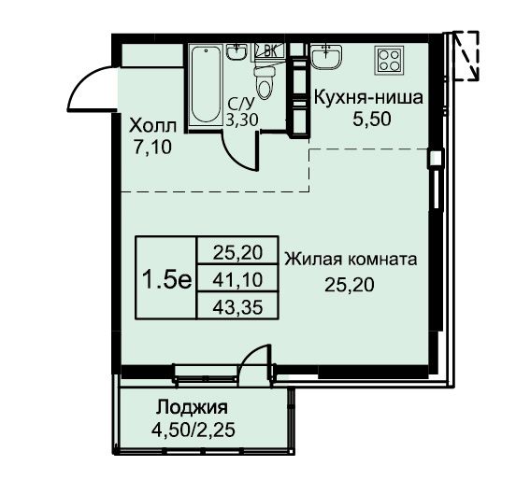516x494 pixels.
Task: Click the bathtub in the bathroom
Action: click(x=206, y=85)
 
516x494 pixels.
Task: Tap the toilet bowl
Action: click(x=264, y=82)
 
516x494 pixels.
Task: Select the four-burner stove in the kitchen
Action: click(x=389, y=61)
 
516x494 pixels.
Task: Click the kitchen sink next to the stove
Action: click(x=326, y=57)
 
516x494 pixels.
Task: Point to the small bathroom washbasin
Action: click(x=236, y=52)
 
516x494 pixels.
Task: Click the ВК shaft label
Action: click(x=270, y=51)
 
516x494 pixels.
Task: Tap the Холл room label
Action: click(x=152, y=126)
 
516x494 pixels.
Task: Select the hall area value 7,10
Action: click(x=152, y=147)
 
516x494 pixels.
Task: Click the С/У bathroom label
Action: click(x=241, y=105)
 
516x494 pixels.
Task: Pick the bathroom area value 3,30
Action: click(x=242, y=120)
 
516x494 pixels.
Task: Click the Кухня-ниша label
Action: click(x=368, y=98)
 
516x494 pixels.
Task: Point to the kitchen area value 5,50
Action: click(x=372, y=120)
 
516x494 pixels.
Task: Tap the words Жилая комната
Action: click(x=351, y=260)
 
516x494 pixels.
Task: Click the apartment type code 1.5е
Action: click(x=166, y=280)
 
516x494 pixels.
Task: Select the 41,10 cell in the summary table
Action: click(x=237, y=280)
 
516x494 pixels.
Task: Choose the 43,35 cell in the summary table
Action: click(x=237, y=307)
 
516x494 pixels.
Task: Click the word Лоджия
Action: click(x=192, y=407)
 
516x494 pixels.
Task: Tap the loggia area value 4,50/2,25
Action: click(x=193, y=430)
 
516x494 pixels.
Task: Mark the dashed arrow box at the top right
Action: click(x=466, y=56)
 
